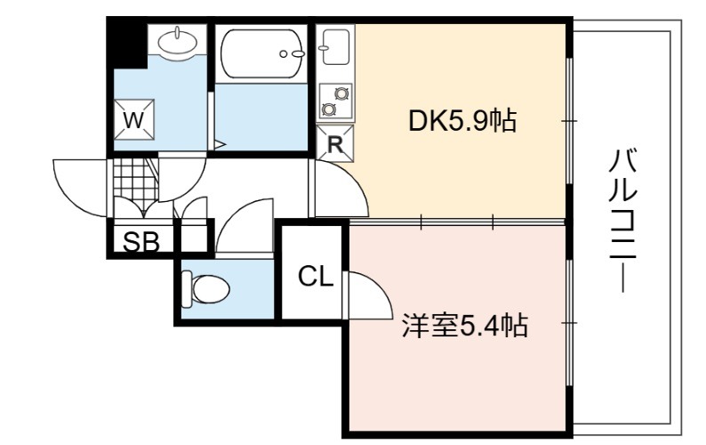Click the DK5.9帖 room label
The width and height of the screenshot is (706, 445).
tap(462, 121)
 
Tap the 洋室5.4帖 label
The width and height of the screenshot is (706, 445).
tap(465, 325)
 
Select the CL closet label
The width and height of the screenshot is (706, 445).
tap(316, 276)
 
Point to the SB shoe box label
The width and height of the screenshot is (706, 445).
tap(141, 242)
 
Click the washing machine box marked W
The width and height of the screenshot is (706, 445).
tap(133, 120)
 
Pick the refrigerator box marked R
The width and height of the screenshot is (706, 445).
tap(334, 143)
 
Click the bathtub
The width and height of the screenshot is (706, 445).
tap(261, 54)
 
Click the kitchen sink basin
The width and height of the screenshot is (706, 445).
tap(335, 46)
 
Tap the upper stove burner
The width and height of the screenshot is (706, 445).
tap(341, 93)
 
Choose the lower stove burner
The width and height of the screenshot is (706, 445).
tap(329, 109)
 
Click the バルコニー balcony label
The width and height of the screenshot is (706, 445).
tap(622, 222)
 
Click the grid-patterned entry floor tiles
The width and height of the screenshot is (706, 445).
tap(134, 178)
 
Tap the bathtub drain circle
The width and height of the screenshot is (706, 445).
tap(284, 53)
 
